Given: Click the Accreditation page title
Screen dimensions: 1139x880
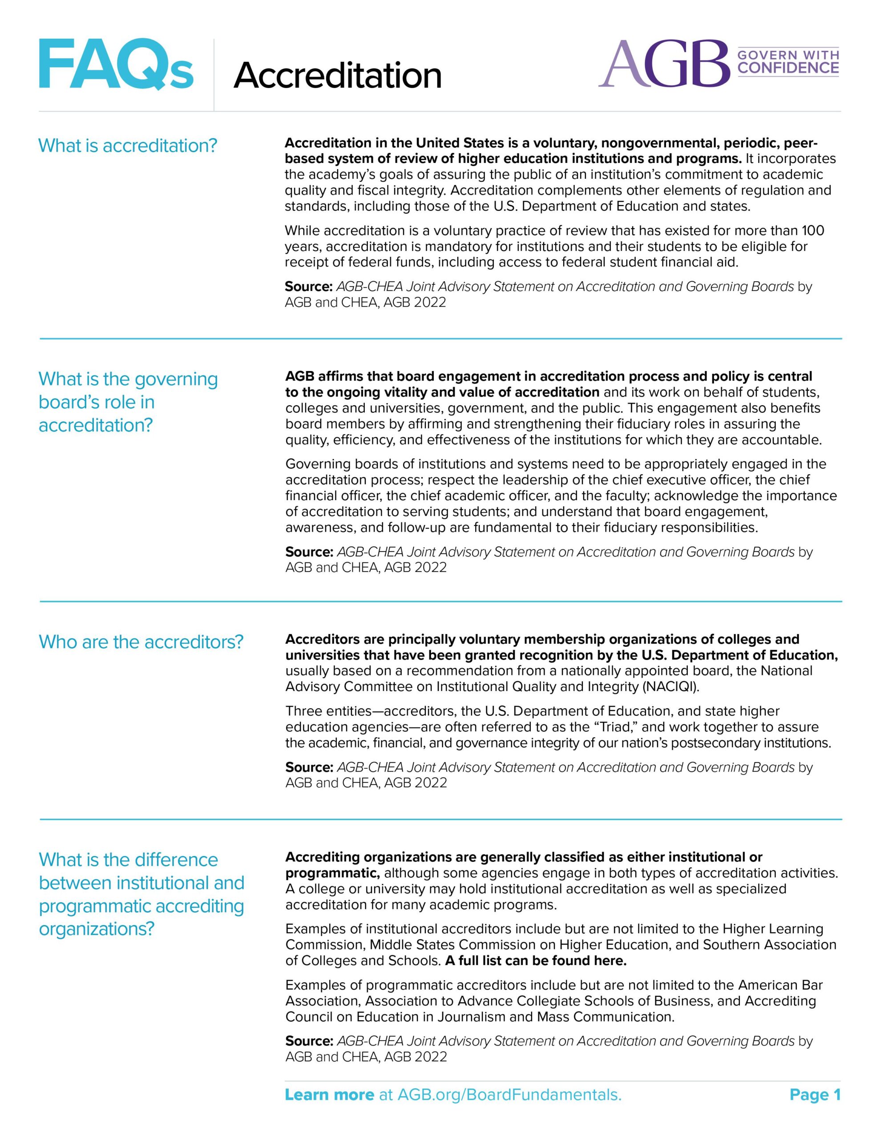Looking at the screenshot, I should pyautogui.click(x=338, y=76).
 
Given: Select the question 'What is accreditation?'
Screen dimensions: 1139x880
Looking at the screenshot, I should pyautogui.click(x=127, y=145).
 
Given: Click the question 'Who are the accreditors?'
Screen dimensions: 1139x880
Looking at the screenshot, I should pyautogui.click(x=141, y=642).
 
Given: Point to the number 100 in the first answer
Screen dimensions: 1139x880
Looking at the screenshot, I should pyautogui.click(x=813, y=230).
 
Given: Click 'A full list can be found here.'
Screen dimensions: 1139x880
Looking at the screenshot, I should pyautogui.click(x=536, y=961).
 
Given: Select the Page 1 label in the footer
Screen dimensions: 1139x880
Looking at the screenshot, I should pyautogui.click(x=815, y=1095).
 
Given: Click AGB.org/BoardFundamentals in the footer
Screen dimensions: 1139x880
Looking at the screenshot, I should pyautogui.click(x=509, y=1095).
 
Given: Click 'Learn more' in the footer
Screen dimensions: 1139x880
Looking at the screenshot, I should pyautogui.click(x=329, y=1095).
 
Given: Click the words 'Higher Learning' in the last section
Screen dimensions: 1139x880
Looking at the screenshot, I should pyautogui.click(x=772, y=929).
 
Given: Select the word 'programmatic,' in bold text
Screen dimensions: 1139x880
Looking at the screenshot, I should pyautogui.click(x=332, y=873).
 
